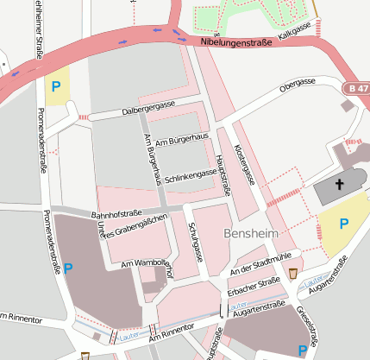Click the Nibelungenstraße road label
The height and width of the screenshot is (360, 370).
235,41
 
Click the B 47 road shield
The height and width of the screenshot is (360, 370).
355,89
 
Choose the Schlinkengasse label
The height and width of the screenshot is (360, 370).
190,174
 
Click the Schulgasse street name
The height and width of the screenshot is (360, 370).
194,242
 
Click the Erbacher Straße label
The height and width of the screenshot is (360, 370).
254,287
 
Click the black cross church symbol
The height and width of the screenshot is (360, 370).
339,184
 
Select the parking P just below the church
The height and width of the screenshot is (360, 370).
343,224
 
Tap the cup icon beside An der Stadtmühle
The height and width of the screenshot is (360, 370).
294,273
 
